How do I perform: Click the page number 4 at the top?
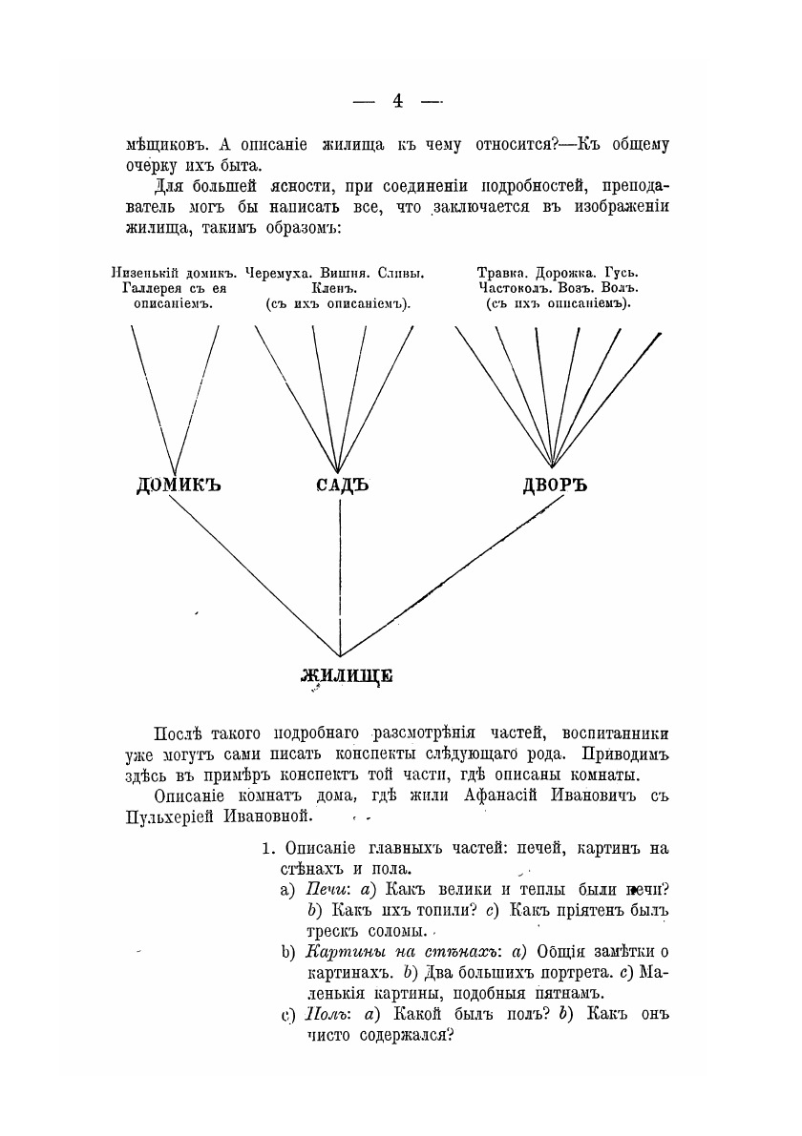point(398,102)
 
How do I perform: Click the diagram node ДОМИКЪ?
point(179,485)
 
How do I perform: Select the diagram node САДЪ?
point(342,485)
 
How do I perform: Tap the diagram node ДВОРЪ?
point(554,485)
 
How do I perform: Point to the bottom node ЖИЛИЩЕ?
point(347,676)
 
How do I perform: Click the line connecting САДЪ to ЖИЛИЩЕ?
point(341,572)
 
